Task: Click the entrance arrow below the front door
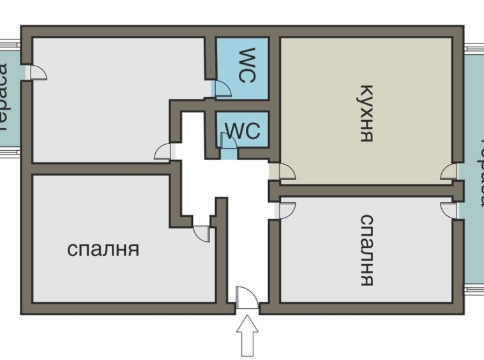pos(248,336)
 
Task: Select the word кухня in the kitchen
pos(366,113)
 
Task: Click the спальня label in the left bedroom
pos(103,249)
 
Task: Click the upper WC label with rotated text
pos(246,65)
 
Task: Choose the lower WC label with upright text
pos(243,130)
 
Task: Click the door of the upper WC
pos(222,89)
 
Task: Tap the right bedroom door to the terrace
pos(450,210)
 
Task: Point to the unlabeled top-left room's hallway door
pos(164,151)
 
